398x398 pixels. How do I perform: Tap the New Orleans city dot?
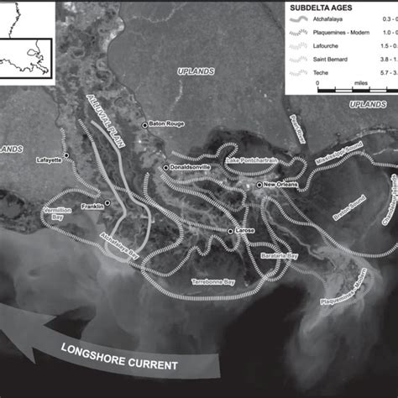(x=259, y=184)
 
